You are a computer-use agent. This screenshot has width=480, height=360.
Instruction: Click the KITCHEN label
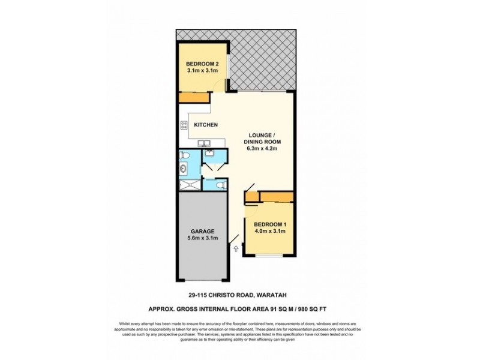[x=205, y=124]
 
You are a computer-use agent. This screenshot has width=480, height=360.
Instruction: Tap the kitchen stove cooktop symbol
[x=184, y=125]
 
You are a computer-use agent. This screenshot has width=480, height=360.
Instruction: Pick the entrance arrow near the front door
[x=236, y=247]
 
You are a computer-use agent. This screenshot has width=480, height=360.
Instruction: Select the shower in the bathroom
[x=189, y=184]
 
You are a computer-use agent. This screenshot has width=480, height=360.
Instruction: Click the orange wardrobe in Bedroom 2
[x=193, y=98]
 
